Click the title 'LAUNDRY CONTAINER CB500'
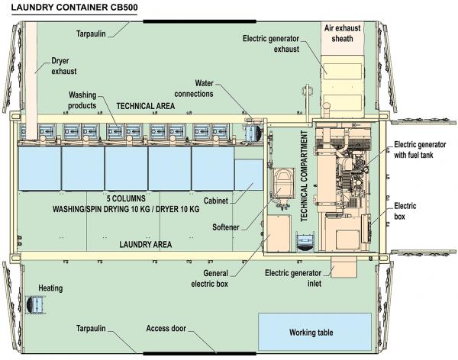(74, 7)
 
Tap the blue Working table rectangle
(314, 332)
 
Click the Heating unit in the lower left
(35, 305)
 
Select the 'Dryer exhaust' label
(64, 66)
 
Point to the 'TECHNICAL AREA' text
(146, 106)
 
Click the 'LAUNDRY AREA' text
(146, 244)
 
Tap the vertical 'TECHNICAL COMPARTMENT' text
(304, 175)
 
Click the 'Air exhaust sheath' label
(342, 34)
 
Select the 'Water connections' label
(194, 88)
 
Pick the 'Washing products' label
(82, 100)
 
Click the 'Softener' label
(225, 227)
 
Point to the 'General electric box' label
(210, 278)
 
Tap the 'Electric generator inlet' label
(293, 278)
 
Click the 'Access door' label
(166, 329)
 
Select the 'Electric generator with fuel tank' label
(420, 149)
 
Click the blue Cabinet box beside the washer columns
(249, 175)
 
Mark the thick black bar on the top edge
(199, 21)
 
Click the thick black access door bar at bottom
(199, 354)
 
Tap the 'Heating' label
(50, 288)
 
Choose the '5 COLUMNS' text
(126, 198)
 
